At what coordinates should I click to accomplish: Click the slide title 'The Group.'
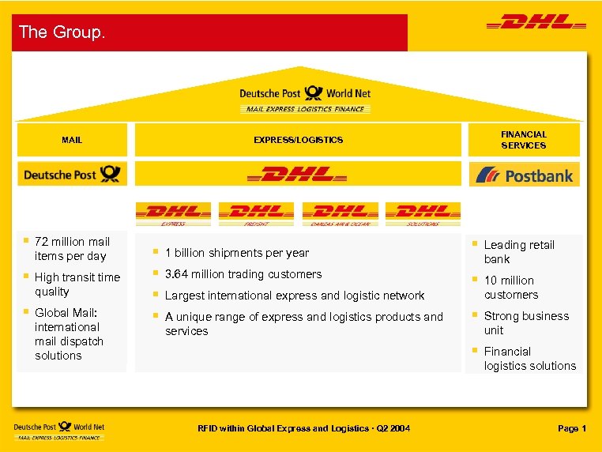click(x=62, y=32)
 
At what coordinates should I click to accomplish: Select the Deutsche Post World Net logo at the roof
click(x=305, y=98)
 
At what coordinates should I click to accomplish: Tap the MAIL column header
click(x=72, y=140)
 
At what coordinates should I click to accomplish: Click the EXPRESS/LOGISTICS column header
click(x=298, y=140)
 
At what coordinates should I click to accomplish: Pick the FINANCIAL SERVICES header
click(x=523, y=140)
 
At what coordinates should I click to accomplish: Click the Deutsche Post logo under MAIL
click(x=72, y=174)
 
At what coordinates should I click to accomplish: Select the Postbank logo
click(x=524, y=175)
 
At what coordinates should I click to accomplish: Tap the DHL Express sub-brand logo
click(x=173, y=213)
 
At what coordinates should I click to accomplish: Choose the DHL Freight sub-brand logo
click(x=256, y=213)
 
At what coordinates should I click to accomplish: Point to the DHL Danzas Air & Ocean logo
click(x=340, y=213)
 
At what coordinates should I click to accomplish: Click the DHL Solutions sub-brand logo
click(x=423, y=213)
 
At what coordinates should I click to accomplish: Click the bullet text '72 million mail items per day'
click(x=72, y=248)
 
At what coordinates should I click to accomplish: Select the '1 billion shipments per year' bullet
click(x=236, y=253)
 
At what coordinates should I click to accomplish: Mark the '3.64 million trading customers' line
click(x=243, y=274)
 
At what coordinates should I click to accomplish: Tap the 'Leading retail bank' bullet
click(x=518, y=251)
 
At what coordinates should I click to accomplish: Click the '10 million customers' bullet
click(x=510, y=287)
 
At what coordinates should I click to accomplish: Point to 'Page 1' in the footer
click(x=571, y=428)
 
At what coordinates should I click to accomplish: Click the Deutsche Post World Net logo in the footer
click(x=59, y=430)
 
